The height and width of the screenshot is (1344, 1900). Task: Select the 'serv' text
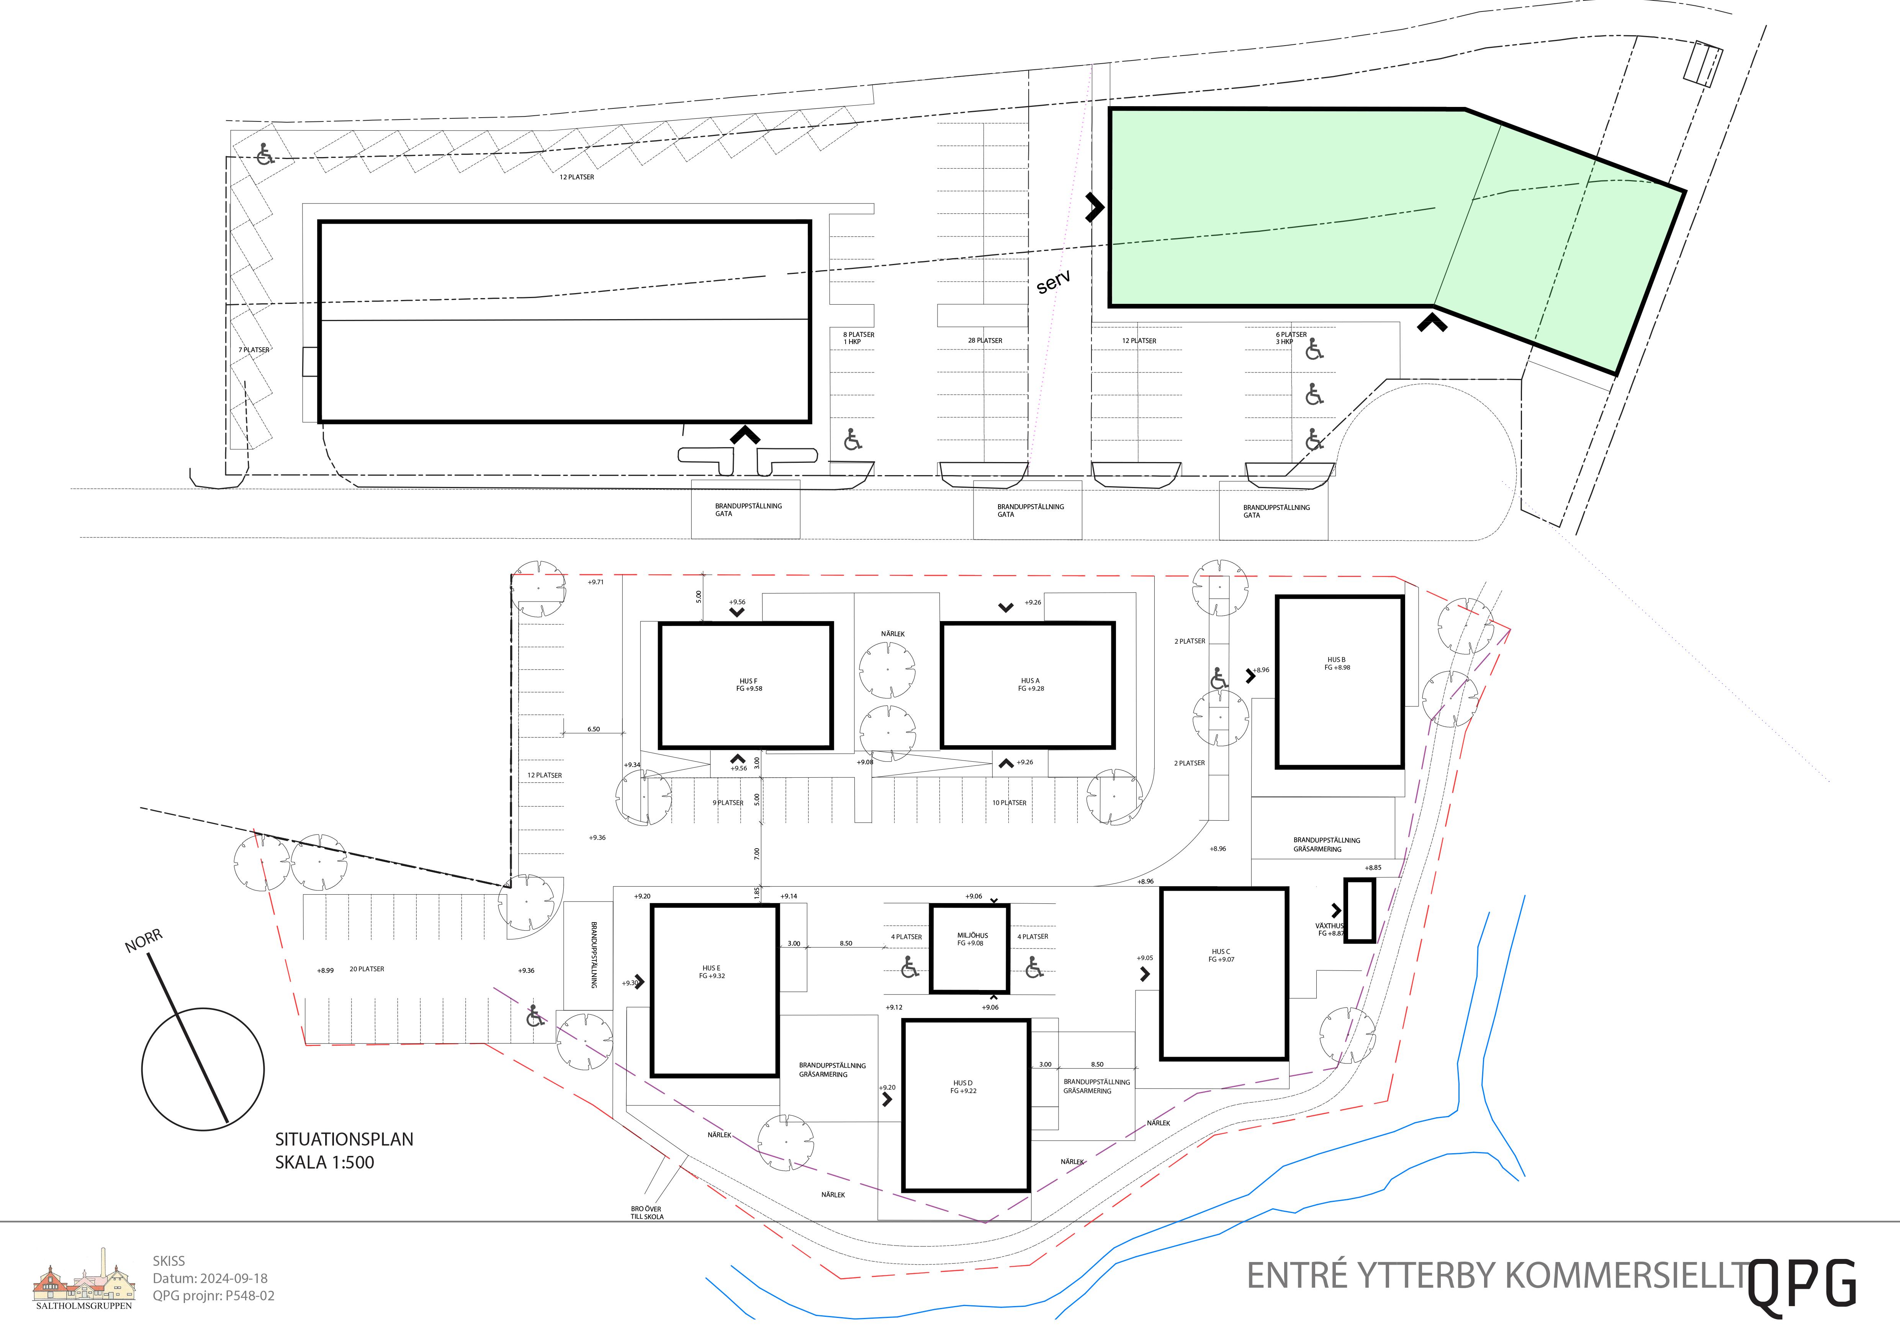point(1054,281)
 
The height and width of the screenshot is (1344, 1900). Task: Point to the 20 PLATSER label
point(367,969)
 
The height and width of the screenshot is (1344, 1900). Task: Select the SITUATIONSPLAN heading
point(344,1139)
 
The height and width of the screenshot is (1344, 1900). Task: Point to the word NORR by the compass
point(144,941)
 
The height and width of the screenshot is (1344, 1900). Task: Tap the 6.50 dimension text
point(593,729)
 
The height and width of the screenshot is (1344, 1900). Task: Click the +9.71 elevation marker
point(596,582)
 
